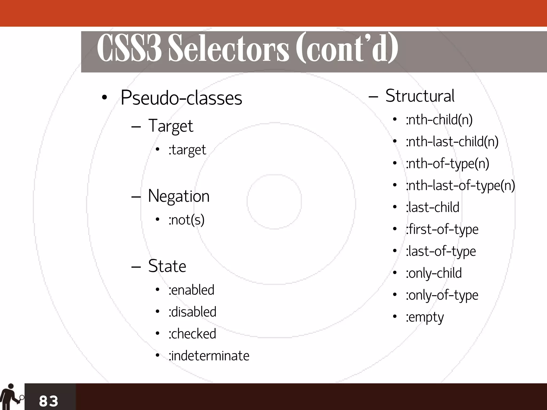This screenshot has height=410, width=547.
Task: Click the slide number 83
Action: (49, 401)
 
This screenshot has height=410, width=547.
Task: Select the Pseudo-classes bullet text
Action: (181, 98)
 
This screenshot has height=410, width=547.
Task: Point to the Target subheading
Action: (170, 126)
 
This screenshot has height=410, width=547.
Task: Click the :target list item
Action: (187, 150)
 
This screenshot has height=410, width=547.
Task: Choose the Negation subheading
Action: (178, 196)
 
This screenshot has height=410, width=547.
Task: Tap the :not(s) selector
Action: (186, 220)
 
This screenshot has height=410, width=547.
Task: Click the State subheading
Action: (167, 266)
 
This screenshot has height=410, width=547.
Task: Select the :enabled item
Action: (191, 290)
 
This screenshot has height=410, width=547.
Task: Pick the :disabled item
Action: (192, 312)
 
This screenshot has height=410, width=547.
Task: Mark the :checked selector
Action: (192, 334)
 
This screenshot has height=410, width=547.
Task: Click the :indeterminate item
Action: (209, 356)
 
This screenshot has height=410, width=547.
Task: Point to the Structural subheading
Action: (420, 96)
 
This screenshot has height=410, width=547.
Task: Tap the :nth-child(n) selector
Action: (439, 119)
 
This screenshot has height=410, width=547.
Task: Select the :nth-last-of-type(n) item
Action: (460, 185)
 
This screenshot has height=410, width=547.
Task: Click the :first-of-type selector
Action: (442, 229)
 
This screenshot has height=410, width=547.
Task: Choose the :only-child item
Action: (433, 273)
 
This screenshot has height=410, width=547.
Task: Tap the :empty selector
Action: (425, 317)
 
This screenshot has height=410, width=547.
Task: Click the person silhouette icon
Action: (11, 397)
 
